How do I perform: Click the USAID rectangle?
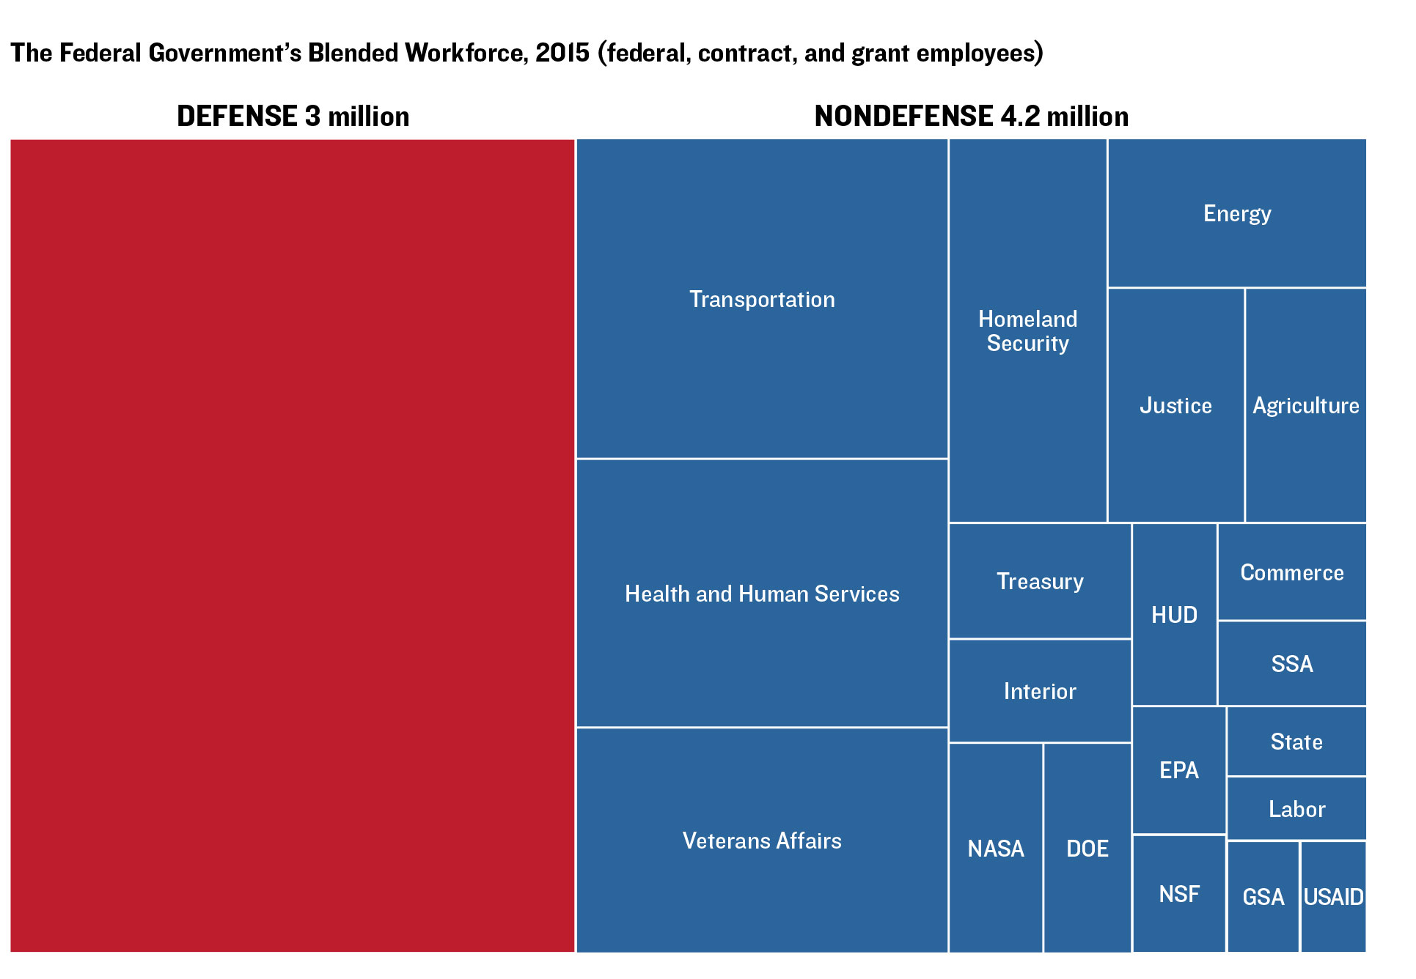[x=1333, y=896]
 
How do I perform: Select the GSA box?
[x=1263, y=896]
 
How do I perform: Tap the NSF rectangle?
[x=1178, y=893]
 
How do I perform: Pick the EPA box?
[x=1178, y=769]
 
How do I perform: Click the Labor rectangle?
[x=1296, y=808]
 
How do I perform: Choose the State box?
[x=1296, y=741]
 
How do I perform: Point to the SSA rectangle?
[x=1291, y=663]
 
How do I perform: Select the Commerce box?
[x=1291, y=572]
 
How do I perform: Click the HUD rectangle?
[x=1174, y=614]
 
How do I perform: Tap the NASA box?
[x=995, y=848]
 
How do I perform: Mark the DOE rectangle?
[x=1087, y=848]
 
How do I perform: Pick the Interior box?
[x=1039, y=690]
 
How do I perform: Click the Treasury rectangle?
[x=1039, y=580]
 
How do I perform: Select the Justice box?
[x=1175, y=404]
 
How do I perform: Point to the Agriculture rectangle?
[x=1305, y=404]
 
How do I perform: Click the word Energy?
[x=1237, y=213]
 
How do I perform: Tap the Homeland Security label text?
[x=1027, y=330]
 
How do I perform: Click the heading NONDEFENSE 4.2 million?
[x=971, y=116]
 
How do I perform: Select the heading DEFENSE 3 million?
[x=293, y=116]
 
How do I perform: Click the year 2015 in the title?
[x=562, y=53]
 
